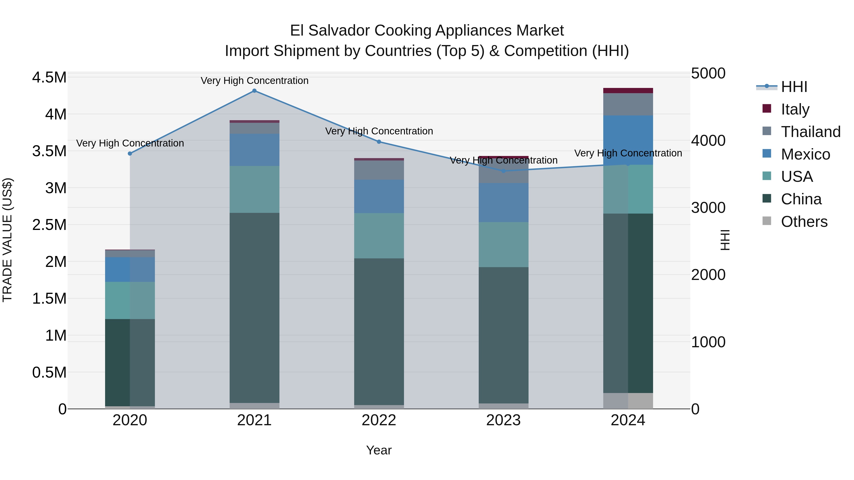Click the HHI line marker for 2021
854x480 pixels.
[254, 91]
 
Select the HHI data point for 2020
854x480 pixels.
[130, 153]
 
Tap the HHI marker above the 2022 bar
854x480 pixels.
[379, 142]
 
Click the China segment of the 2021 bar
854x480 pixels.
[254, 308]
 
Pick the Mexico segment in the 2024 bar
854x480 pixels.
[628, 140]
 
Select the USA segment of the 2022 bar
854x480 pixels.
[379, 236]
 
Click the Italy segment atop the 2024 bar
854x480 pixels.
[628, 91]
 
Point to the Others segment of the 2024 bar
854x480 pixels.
[628, 401]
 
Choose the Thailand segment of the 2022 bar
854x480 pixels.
[379, 170]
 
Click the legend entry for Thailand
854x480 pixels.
[810, 132]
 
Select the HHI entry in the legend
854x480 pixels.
[794, 87]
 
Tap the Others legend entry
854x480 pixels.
[804, 221]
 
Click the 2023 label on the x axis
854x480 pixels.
[503, 420]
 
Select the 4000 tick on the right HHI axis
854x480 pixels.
[708, 141]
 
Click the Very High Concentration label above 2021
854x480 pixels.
[254, 81]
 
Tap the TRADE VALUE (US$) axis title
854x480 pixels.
[7, 240]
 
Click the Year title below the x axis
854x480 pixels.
[379, 450]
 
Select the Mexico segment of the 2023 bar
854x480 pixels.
[503, 202]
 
